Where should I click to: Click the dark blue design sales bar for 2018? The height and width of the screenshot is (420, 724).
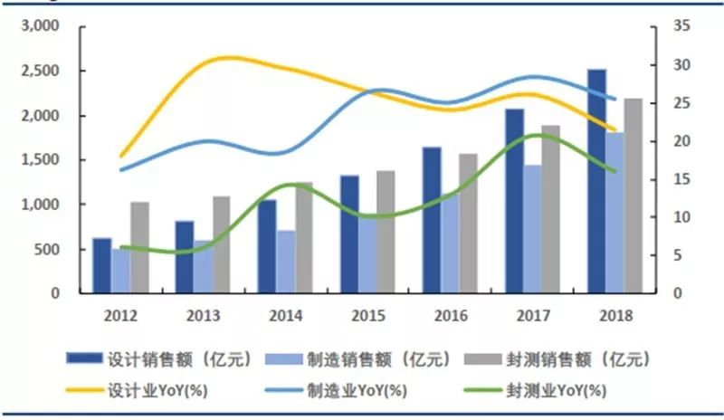(595, 181)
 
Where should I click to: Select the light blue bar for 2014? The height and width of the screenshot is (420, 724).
(286, 262)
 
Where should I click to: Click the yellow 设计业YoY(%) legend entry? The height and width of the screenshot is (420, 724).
(149, 390)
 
